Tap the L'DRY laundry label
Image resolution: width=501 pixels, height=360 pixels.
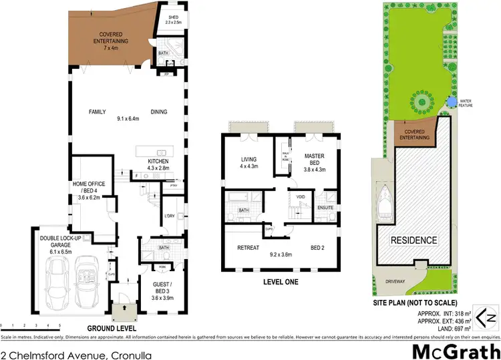169,216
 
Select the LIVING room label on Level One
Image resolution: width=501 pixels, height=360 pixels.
248,162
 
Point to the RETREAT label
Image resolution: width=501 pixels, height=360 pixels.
248,248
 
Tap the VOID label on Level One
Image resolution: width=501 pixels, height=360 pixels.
301,198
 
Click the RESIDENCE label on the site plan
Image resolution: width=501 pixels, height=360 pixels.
413,240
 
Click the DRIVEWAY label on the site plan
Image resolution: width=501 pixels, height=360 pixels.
399,283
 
